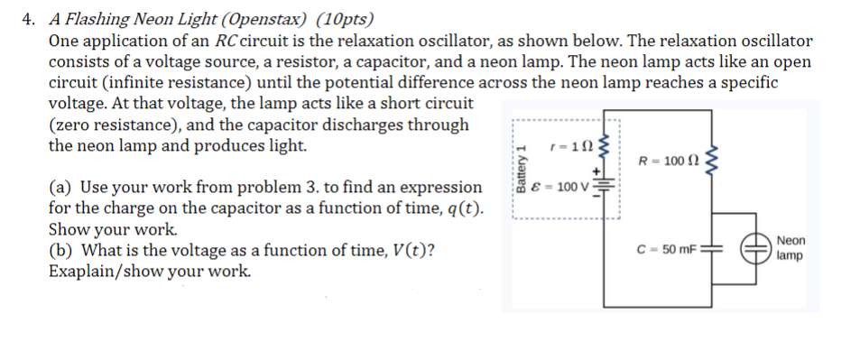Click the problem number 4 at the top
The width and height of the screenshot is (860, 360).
click(x=27, y=19)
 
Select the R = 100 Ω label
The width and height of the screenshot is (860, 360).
click(x=669, y=162)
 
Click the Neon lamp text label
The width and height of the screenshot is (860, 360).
click(x=791, y=248)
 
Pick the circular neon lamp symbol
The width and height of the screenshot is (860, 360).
click(x=754, y=249)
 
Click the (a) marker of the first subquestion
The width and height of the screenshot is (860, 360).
click(x=61, y=188)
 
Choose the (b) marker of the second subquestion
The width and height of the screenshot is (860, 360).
click(x=61, y=250)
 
